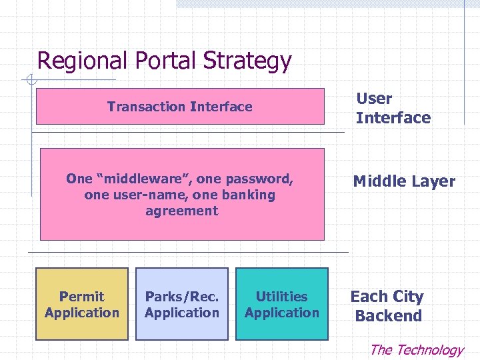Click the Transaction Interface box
180,107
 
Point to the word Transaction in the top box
146,107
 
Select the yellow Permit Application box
81,303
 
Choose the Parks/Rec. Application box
182,303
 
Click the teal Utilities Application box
282,303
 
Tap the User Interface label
393,108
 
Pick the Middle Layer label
404,181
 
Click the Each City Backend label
387,306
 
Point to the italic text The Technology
416,350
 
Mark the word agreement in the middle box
181,211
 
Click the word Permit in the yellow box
81,297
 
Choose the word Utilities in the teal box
282,297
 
